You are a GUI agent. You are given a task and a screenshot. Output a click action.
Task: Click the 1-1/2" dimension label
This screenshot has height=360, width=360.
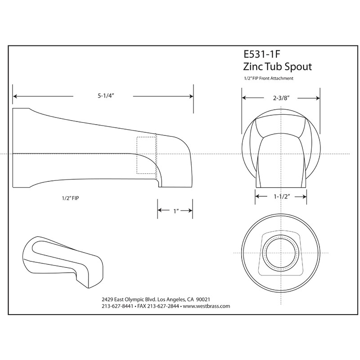pyautogui.click(x=281, y=196)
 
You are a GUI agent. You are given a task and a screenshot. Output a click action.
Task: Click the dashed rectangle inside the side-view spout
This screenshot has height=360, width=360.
pyautogui.click(x=147, y=154)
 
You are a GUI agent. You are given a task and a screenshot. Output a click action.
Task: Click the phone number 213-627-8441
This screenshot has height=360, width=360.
pyautogui.click(x=118, y=306)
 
